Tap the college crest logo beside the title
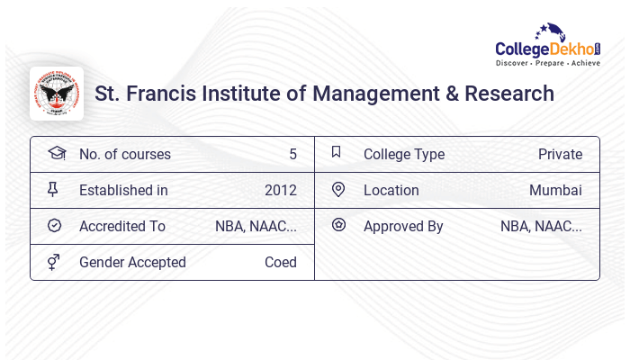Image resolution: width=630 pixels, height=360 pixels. (x=57, y=94)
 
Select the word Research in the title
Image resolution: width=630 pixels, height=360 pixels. (x=509, y=94)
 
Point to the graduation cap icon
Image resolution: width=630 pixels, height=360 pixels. (x=56, y=153)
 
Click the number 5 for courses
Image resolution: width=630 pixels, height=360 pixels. (x=292, y=154)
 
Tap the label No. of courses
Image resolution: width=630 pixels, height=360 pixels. (x=124, y=154)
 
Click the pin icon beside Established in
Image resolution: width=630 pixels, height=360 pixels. (x=54, y=190)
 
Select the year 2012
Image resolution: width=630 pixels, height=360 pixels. (x=280, y=190)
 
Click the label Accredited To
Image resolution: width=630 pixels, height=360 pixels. (x=122, y=226)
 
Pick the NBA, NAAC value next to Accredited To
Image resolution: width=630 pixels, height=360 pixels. (x=256, y=226)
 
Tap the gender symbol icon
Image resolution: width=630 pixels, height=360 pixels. (x=54, y=262)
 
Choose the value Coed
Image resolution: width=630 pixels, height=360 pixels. (x=280, y=262)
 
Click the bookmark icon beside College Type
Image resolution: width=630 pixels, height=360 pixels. (x=337, y=153)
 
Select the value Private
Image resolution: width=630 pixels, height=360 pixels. (x=560, y=154)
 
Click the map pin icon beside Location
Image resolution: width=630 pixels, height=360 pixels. (x=338, y=190)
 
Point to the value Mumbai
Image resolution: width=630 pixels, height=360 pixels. (x=555, y=190)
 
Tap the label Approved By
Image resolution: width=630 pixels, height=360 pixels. (x=403, y=226)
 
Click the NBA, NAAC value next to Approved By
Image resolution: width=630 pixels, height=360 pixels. (x=541, y=226)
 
